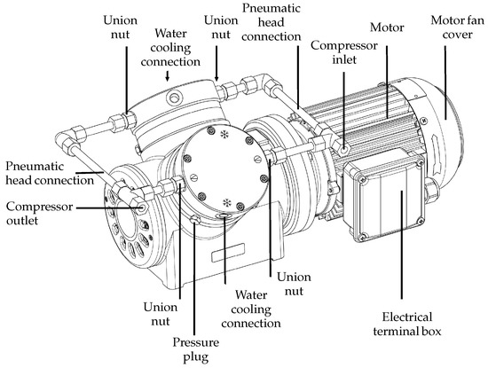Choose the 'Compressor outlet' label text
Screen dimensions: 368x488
[35, 212]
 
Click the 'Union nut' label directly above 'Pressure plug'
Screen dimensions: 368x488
[161, 313]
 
